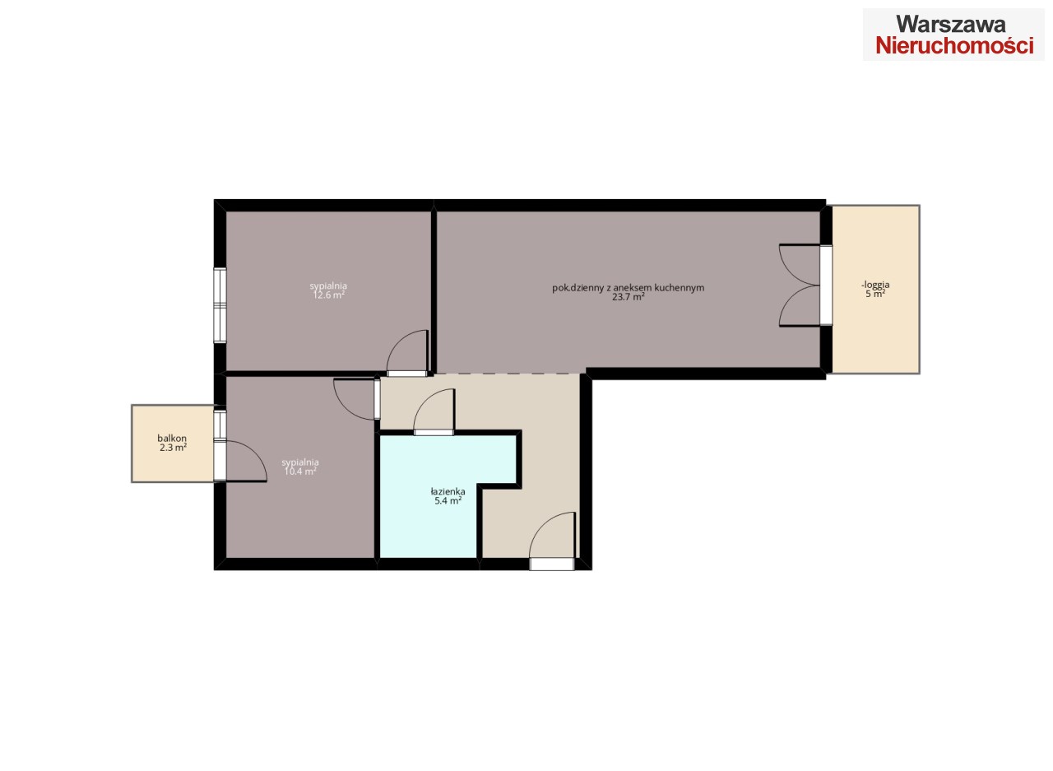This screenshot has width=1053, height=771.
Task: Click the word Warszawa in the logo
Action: point(950,24)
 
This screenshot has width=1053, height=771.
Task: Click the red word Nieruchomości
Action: point(954,47)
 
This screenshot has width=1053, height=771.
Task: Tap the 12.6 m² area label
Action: point(328,295)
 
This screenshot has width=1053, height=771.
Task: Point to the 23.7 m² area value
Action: point(628,297)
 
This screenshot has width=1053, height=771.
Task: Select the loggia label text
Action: point(875,285)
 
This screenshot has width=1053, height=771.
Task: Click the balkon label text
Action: point(172,438)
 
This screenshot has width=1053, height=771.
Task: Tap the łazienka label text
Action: point(448,491)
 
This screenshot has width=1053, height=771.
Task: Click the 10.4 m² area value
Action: point(300,471)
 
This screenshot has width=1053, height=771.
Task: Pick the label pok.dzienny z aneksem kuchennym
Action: point(628,288)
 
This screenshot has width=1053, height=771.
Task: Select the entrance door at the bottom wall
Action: point(553,541)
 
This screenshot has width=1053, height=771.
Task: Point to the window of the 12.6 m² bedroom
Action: point(220,305)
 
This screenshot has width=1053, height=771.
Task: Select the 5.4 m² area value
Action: point(448,500)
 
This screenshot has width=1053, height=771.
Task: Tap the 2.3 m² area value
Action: point(173,447)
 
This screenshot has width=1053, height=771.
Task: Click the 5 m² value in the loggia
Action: point(875,294)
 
